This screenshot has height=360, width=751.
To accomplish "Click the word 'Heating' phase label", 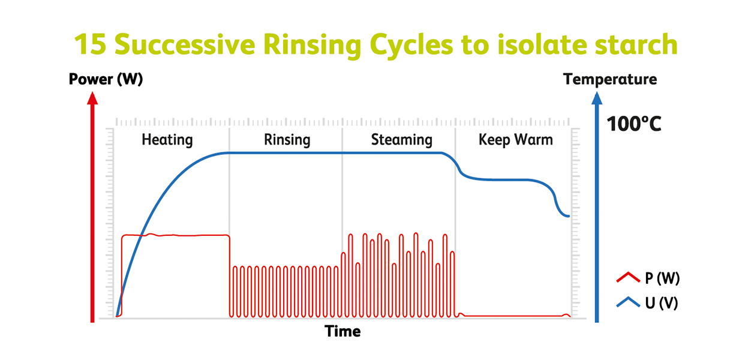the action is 167,140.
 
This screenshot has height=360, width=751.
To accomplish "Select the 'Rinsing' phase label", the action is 287,140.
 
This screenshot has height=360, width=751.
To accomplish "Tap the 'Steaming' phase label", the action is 402,140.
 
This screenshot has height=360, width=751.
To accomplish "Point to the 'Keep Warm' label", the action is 516,140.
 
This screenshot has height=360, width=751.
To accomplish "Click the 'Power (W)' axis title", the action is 106,80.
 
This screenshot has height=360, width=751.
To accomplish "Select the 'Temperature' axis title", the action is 610,80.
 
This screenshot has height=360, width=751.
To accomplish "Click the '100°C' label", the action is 634,124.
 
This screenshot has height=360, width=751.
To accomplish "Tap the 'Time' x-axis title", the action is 343,331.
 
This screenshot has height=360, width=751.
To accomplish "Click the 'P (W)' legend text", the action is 662,278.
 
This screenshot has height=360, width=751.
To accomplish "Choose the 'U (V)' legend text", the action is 662,303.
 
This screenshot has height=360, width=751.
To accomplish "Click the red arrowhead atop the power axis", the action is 92,98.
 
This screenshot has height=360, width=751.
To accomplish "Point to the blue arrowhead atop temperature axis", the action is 597,98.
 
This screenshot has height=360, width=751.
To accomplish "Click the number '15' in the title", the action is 90,44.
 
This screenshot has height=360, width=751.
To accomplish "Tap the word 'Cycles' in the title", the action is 411,46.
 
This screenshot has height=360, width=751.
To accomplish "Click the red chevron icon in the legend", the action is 628,277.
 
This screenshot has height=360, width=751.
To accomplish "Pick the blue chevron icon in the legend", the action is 628,302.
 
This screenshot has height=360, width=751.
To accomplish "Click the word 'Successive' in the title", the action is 185,44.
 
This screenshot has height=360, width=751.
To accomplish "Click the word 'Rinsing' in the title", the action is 312,46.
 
